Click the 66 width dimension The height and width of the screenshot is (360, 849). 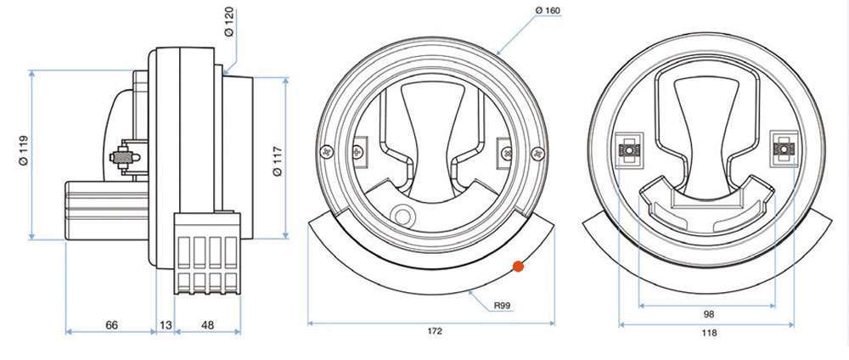[110, 324]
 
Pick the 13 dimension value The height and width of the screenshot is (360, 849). [166, 324]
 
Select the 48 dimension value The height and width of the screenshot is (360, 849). [206, 324]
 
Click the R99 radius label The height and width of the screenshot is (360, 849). [505, 302]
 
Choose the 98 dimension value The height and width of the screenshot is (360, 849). [709, 313]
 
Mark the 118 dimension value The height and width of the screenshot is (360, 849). [709, 333]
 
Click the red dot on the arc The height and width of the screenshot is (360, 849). [518, 267]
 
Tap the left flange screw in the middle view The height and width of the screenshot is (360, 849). [326, 153]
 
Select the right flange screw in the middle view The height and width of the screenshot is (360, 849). [535, 153]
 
